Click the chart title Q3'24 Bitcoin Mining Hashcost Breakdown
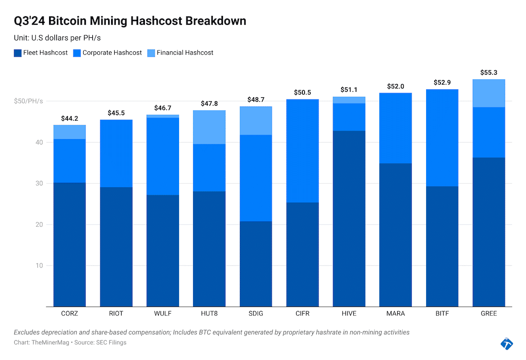(130, 21)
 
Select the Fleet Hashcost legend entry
(41, 53)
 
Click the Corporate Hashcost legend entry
(108, 53)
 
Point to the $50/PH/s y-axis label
(28, 101)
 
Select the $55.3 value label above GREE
(489, 72)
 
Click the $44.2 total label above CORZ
(69, 119)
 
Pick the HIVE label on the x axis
(349, 313)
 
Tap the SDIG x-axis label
(256, 313)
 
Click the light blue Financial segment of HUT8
(209, 127)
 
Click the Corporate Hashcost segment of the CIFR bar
(302, 151)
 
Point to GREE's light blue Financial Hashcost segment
(489, 93)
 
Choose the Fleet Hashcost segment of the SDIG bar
(256, 264)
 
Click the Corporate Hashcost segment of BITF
(442, 138)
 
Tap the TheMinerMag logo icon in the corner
(507, 343)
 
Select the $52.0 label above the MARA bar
(396, 86)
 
